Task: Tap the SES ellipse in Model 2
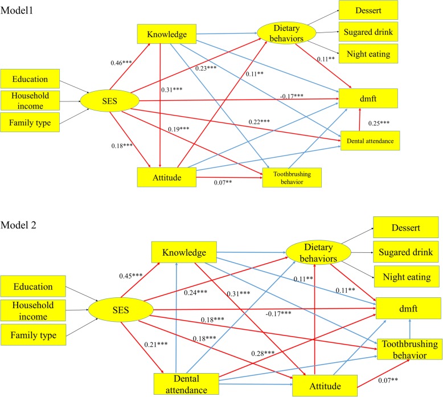pyautogui.click(x=120, y=312)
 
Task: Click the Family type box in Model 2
pyautogui.click(x=35, y=336)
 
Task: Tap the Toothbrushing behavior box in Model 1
pyautogui.click(x=292, y=177)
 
